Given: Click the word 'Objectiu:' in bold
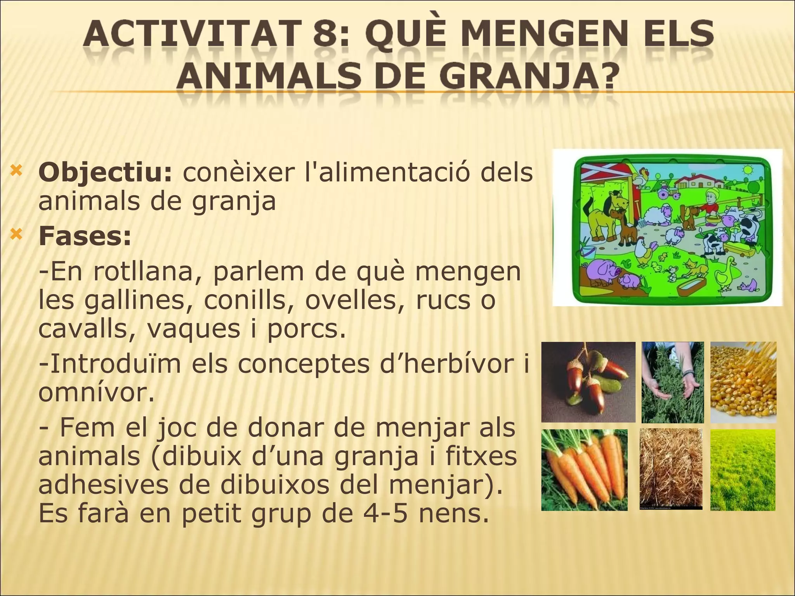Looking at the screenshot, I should (105, 173).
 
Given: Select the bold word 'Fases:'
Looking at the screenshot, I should (85, 236).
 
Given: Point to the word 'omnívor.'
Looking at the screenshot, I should (96, 393).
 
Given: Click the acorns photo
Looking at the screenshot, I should (588, 382).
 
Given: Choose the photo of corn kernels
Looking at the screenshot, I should (743, 382).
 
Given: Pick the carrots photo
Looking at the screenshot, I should (584, 470).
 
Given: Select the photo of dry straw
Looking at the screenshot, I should (671, 469).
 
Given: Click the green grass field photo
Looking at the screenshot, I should (743, 470).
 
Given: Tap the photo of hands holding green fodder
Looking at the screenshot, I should (672, 382).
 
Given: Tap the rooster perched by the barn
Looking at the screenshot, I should (639, 177).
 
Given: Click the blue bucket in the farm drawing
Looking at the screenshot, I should (587, 250).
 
